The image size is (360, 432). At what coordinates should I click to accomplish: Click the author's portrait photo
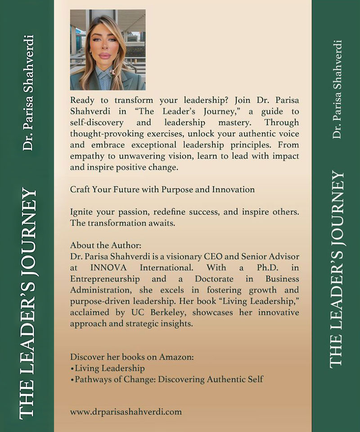(108, 49)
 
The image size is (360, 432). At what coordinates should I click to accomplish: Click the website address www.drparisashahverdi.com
(126, 411)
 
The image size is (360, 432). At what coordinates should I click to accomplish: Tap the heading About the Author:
(106, 246)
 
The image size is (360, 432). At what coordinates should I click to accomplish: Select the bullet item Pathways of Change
(166, 379)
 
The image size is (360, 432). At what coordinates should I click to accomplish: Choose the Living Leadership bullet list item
(108, 369)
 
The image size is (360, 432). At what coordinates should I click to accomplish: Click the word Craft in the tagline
(80, 189)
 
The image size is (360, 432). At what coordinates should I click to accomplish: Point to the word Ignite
(81, 211)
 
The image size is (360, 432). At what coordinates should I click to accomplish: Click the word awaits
(163, 222)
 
